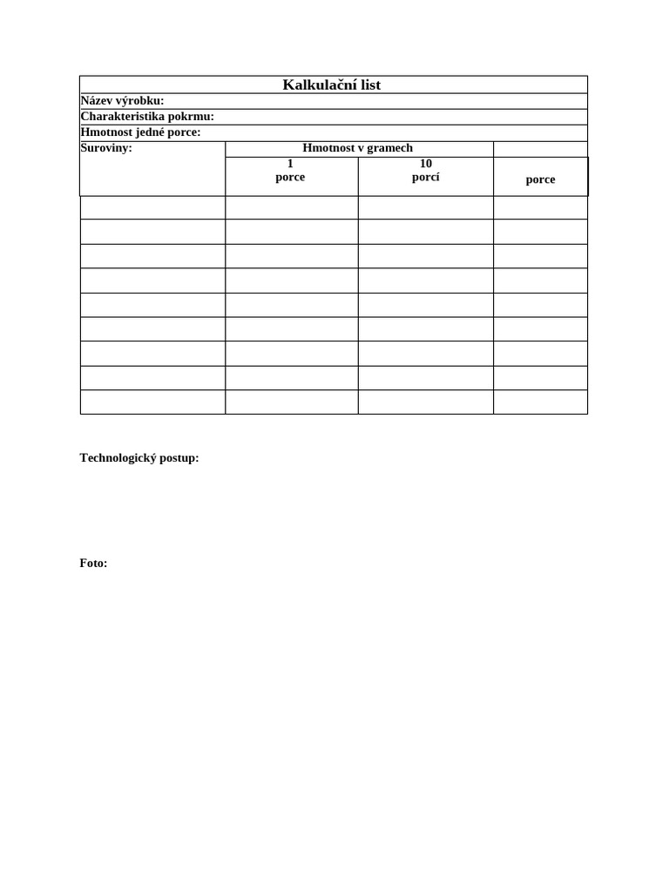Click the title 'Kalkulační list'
[x=332, y=84]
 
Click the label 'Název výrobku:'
[x=122, y=101]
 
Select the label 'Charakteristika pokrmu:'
[x=147, y=117]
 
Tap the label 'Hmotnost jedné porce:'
[x=140, y=132]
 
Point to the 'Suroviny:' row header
[x=106, y=148]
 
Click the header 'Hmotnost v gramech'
[x=357, y=148]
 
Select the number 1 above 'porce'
[x=290, y=164]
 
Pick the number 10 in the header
[x=426, y=164]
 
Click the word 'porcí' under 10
[x=426, y=177]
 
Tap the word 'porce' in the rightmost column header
[x=540, y=179]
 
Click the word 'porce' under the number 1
[x=290, y=177]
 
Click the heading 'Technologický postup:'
[x=139, y=458]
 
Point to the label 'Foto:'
[x=93, y=564]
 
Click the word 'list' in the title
[x=368, y=84]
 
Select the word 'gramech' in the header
[x=391, y=148]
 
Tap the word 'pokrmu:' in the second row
[x=191, y=117]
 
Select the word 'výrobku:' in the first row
[x=140, y=101]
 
